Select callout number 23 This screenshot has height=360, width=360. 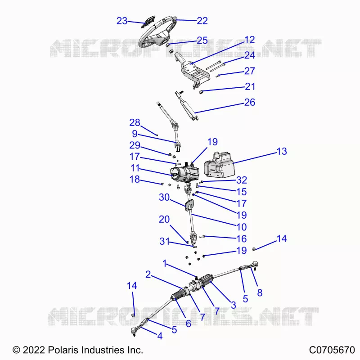(x=121, y=21)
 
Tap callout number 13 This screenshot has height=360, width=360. (x=282, y=151)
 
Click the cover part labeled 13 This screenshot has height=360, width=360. (x=220, y=165)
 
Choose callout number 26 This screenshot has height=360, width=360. (x=250, y=102)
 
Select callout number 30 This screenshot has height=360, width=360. (x=164, y=197)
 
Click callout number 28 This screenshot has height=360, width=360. (x=135, y=122)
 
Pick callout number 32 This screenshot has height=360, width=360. (x=242, y=180)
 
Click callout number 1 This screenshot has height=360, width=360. (x=164, y=263)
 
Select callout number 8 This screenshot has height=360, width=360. (x=260, y=293)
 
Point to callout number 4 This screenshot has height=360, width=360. (x=160, y=336)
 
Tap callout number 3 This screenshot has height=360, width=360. (x=234, y=305)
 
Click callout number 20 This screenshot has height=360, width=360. (x=164, y=219)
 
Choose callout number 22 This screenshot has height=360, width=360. (x=202, y=21)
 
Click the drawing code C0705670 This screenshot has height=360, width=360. (x=332, y=350)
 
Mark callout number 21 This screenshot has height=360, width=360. (x=250, y=86)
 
